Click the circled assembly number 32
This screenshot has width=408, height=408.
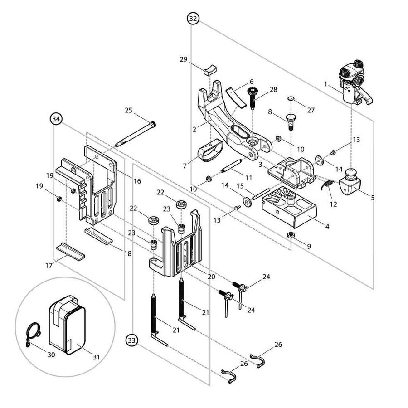coord(193,19)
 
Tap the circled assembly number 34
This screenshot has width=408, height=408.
coord(56,119)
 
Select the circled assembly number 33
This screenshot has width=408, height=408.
coord(132,339)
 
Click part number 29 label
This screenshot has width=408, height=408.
coord(184,60)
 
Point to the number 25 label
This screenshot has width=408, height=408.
coord(128,110)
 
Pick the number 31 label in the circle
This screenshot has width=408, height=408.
coord(96,357)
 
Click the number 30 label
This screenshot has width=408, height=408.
coord(51,355)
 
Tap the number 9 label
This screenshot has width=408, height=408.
coord(309,246)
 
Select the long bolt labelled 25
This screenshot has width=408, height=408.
coord(136,134)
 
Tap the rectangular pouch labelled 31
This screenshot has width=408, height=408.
coord(68,325)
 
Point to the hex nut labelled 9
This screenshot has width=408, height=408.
coord(290,235)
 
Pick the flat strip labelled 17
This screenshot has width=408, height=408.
coord(71,251)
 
